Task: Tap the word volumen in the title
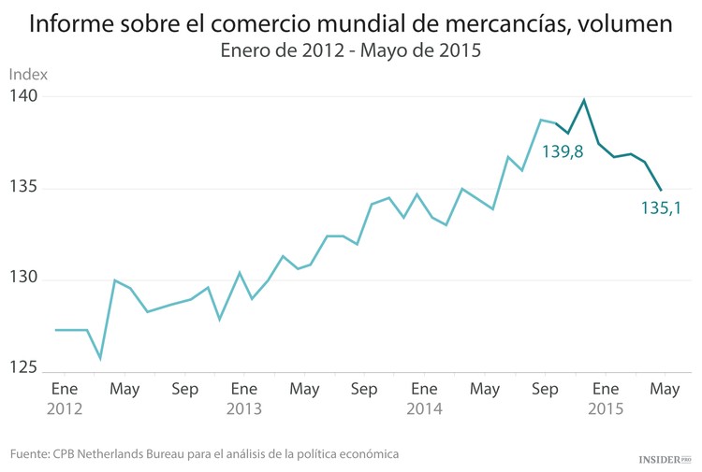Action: (624, 24)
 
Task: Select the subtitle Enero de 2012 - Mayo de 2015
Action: (350, 52)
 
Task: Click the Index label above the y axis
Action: (28, 74)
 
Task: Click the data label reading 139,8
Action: (563, 150)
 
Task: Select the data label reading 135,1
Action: (660, 208)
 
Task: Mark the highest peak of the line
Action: (584, 100)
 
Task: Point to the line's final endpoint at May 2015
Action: (662, 191)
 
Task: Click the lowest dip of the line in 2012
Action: (100, 359)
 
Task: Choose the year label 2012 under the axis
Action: (65, 408)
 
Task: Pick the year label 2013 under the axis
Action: (244, 408)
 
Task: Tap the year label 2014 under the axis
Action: (424, 408)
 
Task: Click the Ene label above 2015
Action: (605, 389)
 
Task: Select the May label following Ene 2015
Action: (665, 389)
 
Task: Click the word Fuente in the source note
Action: (31, 453)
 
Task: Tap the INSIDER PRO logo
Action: (664, 459)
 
